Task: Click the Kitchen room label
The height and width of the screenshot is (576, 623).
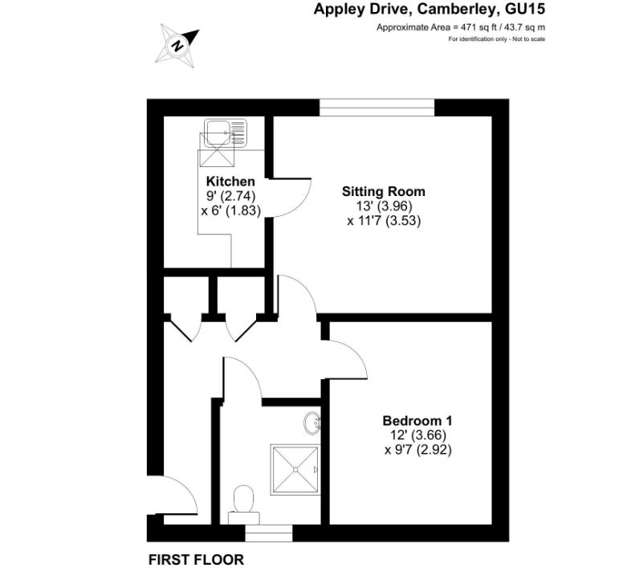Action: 230,182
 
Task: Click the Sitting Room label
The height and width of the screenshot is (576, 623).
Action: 383,192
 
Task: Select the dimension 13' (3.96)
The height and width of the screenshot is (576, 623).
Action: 383,206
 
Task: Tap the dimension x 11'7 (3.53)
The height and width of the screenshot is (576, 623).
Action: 383,219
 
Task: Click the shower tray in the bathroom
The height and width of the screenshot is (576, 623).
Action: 294,469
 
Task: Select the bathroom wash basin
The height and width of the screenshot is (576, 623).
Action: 313,421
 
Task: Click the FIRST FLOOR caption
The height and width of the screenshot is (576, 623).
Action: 196,559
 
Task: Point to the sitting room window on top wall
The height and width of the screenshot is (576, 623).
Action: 377,108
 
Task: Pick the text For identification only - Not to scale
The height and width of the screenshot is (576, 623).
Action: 497,39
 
